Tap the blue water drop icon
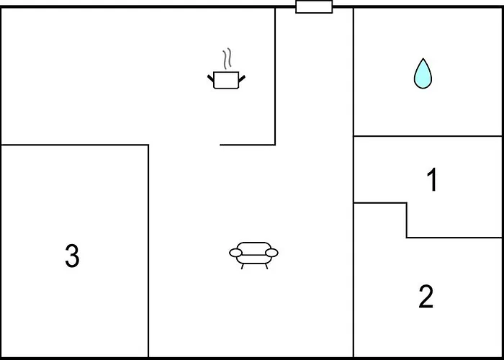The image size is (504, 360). point(423,73)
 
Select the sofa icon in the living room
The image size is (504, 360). point(253,255)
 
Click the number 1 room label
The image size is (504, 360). point(433,180)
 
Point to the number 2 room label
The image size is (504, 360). point(426,297)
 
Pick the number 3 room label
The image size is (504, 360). point(72,256)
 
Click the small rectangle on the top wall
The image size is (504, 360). point(314,6)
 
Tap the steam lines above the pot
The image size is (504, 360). point(227,59)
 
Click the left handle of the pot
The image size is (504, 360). point(210,78)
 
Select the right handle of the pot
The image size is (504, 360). point(242,78)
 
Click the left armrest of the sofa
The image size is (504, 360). point(235,253)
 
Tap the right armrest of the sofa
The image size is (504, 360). point(271,253)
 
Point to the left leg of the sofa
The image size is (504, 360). point(242,266)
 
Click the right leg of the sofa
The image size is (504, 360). point(266,266)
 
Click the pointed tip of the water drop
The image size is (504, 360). point(423,58)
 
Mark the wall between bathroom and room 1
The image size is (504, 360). point(428,136)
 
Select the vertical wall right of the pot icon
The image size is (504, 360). point(275,76)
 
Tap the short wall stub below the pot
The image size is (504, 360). point(248,145)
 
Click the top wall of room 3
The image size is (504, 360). point(75,145)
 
